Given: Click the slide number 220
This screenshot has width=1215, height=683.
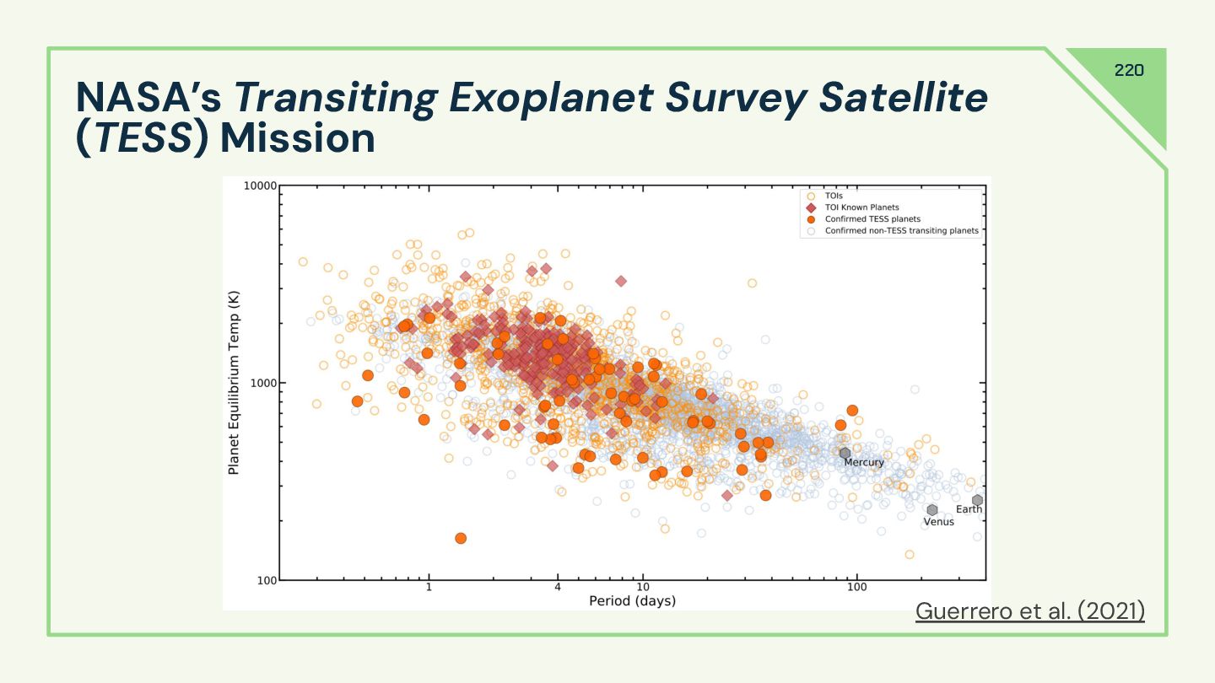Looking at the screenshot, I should tap(1129, 70).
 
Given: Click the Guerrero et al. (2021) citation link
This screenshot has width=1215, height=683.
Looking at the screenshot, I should tap(1029, 610).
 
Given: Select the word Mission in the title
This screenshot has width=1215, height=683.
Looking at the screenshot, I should tap(298, 138).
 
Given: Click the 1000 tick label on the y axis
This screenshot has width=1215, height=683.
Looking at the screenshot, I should tap(258, 383).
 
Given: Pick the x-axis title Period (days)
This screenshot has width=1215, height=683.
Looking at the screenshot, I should tap(632, 601).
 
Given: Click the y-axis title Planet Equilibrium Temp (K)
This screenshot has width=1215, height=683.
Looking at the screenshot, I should tap(234, 382).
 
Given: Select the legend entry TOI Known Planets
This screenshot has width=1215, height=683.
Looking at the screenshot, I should tap(861, 207).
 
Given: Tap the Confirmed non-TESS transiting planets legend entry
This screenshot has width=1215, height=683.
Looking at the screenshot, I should tap(901, 230).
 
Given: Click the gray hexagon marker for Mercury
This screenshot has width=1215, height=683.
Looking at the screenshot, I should tap(845, 454).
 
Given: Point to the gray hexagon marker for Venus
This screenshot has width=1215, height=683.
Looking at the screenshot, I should tap(932, 510).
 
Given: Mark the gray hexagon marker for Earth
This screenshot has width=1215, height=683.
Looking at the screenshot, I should tap(977, 500).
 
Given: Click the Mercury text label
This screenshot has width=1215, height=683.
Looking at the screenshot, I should tap(864, 463).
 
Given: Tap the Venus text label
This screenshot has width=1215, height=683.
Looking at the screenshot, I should tap(938, 522).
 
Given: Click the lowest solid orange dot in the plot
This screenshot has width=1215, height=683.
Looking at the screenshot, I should tap(461, 538).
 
